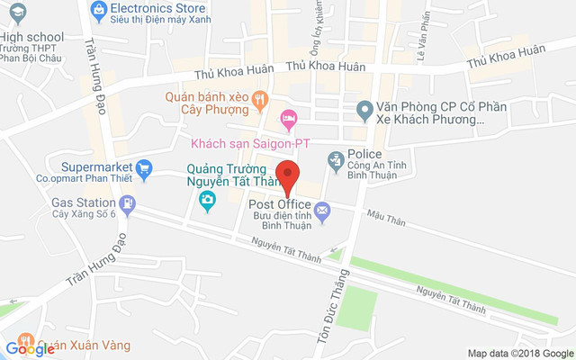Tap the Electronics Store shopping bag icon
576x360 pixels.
click(100, 10)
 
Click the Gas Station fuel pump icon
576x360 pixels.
click(129, 204)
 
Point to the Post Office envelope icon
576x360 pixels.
click(322, 210)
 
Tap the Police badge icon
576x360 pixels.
click(336, 161)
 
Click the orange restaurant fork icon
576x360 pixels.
click(260, 98)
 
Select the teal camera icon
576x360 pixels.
click(208, 199)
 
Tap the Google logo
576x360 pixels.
click(30, 348)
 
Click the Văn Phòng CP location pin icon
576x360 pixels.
click(364, 112)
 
